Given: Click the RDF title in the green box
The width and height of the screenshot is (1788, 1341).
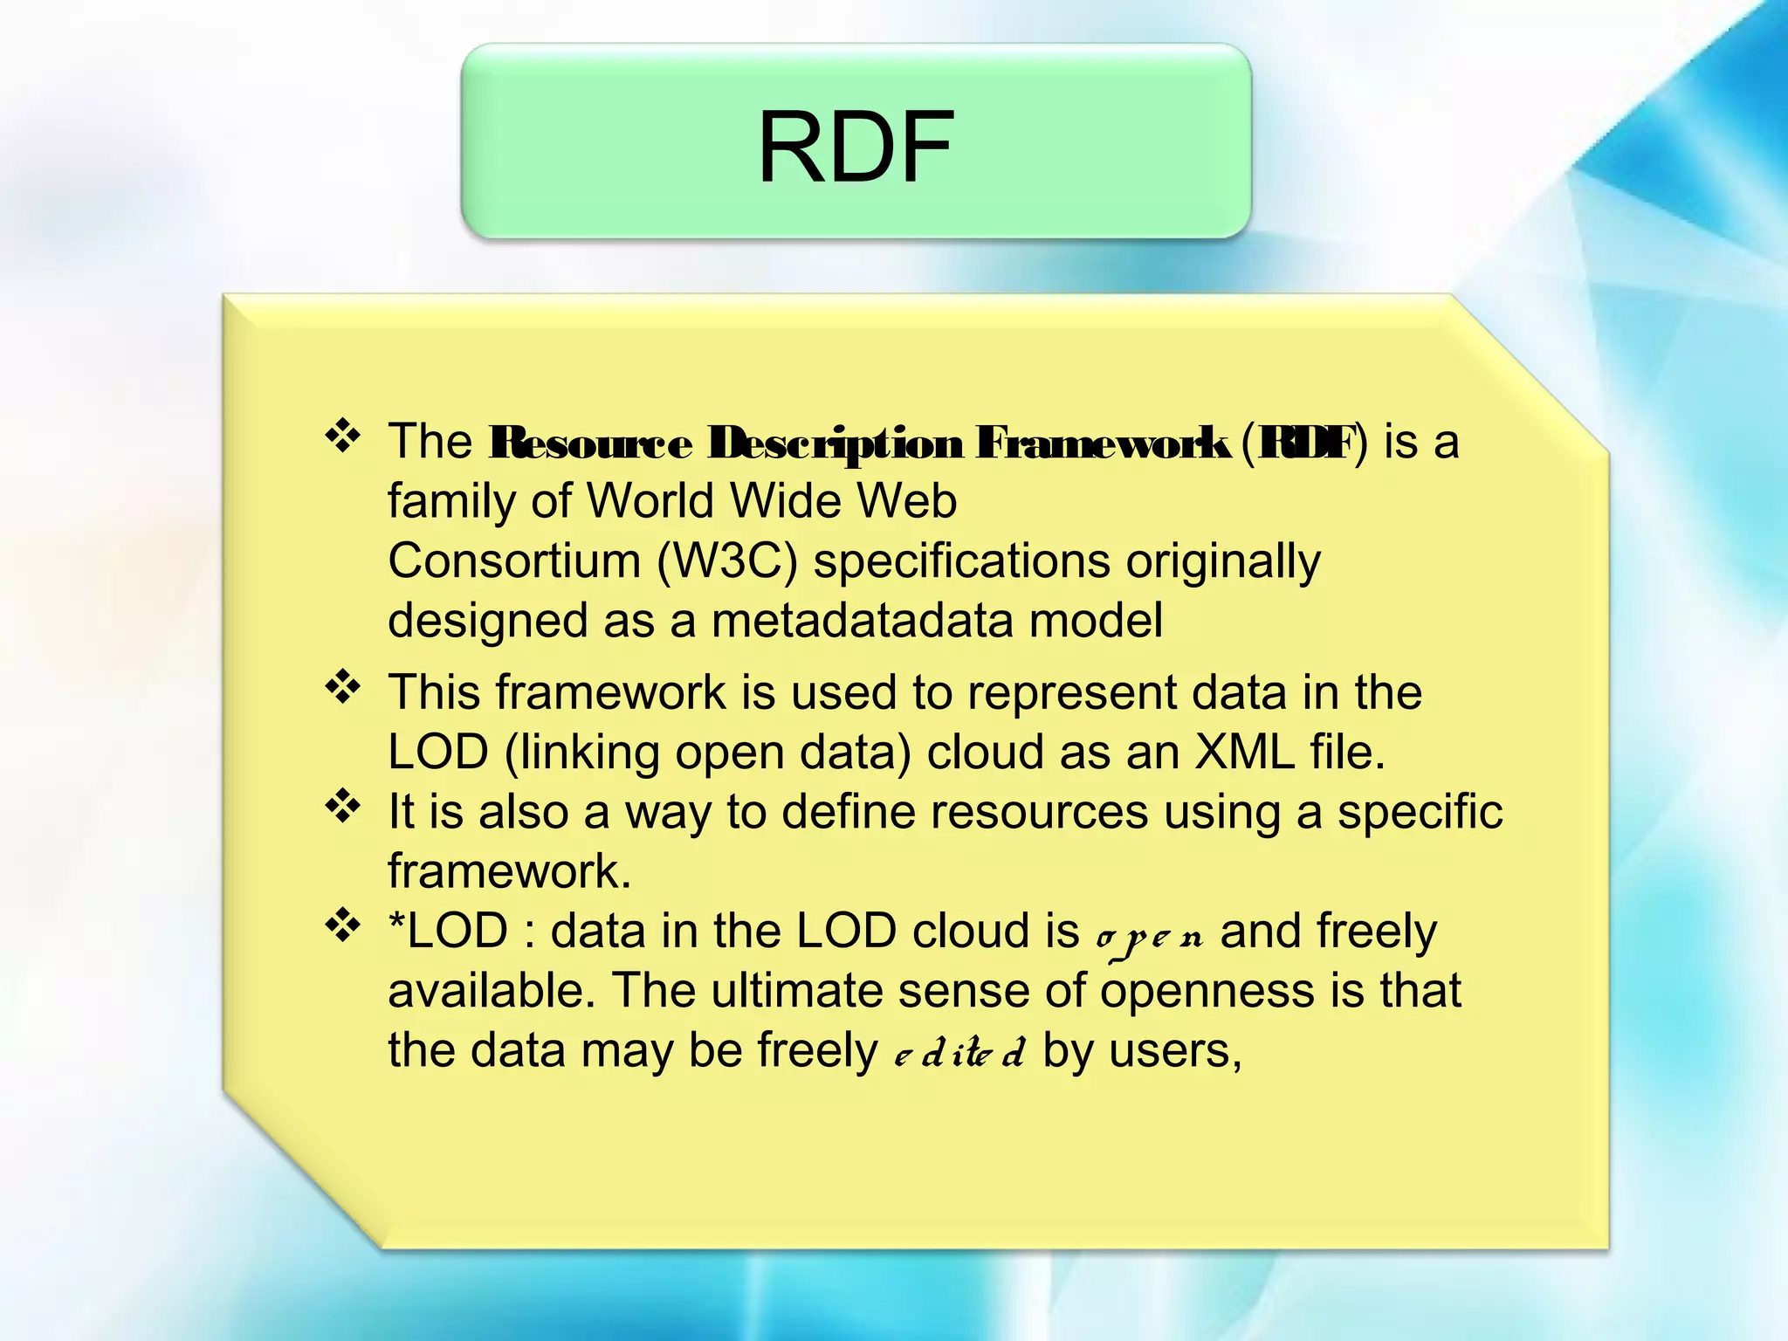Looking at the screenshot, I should point(855,147).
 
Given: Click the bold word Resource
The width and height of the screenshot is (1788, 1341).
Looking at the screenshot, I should point(590,444).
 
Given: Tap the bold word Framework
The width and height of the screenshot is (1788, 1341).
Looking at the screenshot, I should point(1102,444).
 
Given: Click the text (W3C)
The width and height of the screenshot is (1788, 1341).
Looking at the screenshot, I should point(726,560).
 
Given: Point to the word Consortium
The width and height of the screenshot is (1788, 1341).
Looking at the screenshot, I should point(513,560).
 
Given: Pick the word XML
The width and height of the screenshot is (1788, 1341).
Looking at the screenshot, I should point(1244,752).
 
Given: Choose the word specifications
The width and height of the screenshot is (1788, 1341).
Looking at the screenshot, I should point(961,560).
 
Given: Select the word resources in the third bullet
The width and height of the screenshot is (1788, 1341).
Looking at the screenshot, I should point(1038,812).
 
